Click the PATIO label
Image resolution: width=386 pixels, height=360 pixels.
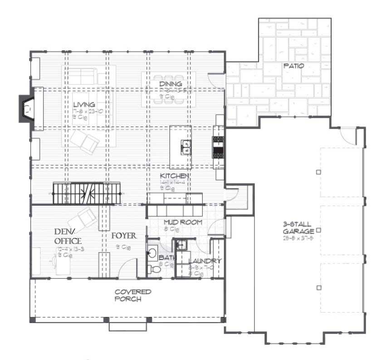point(293,66)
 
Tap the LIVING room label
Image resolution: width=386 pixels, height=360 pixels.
point(87,105)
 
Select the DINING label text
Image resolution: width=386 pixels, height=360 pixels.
point(171,84)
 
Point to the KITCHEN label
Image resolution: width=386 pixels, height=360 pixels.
point(174,175)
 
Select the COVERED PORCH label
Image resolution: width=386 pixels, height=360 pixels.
point(132,295)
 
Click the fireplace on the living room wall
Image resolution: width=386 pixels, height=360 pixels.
point(26,109)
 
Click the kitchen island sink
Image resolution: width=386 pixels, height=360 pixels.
point(186,146)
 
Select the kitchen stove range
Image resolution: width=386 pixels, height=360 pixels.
point(218,147)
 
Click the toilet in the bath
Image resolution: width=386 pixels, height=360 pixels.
point(155,269)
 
